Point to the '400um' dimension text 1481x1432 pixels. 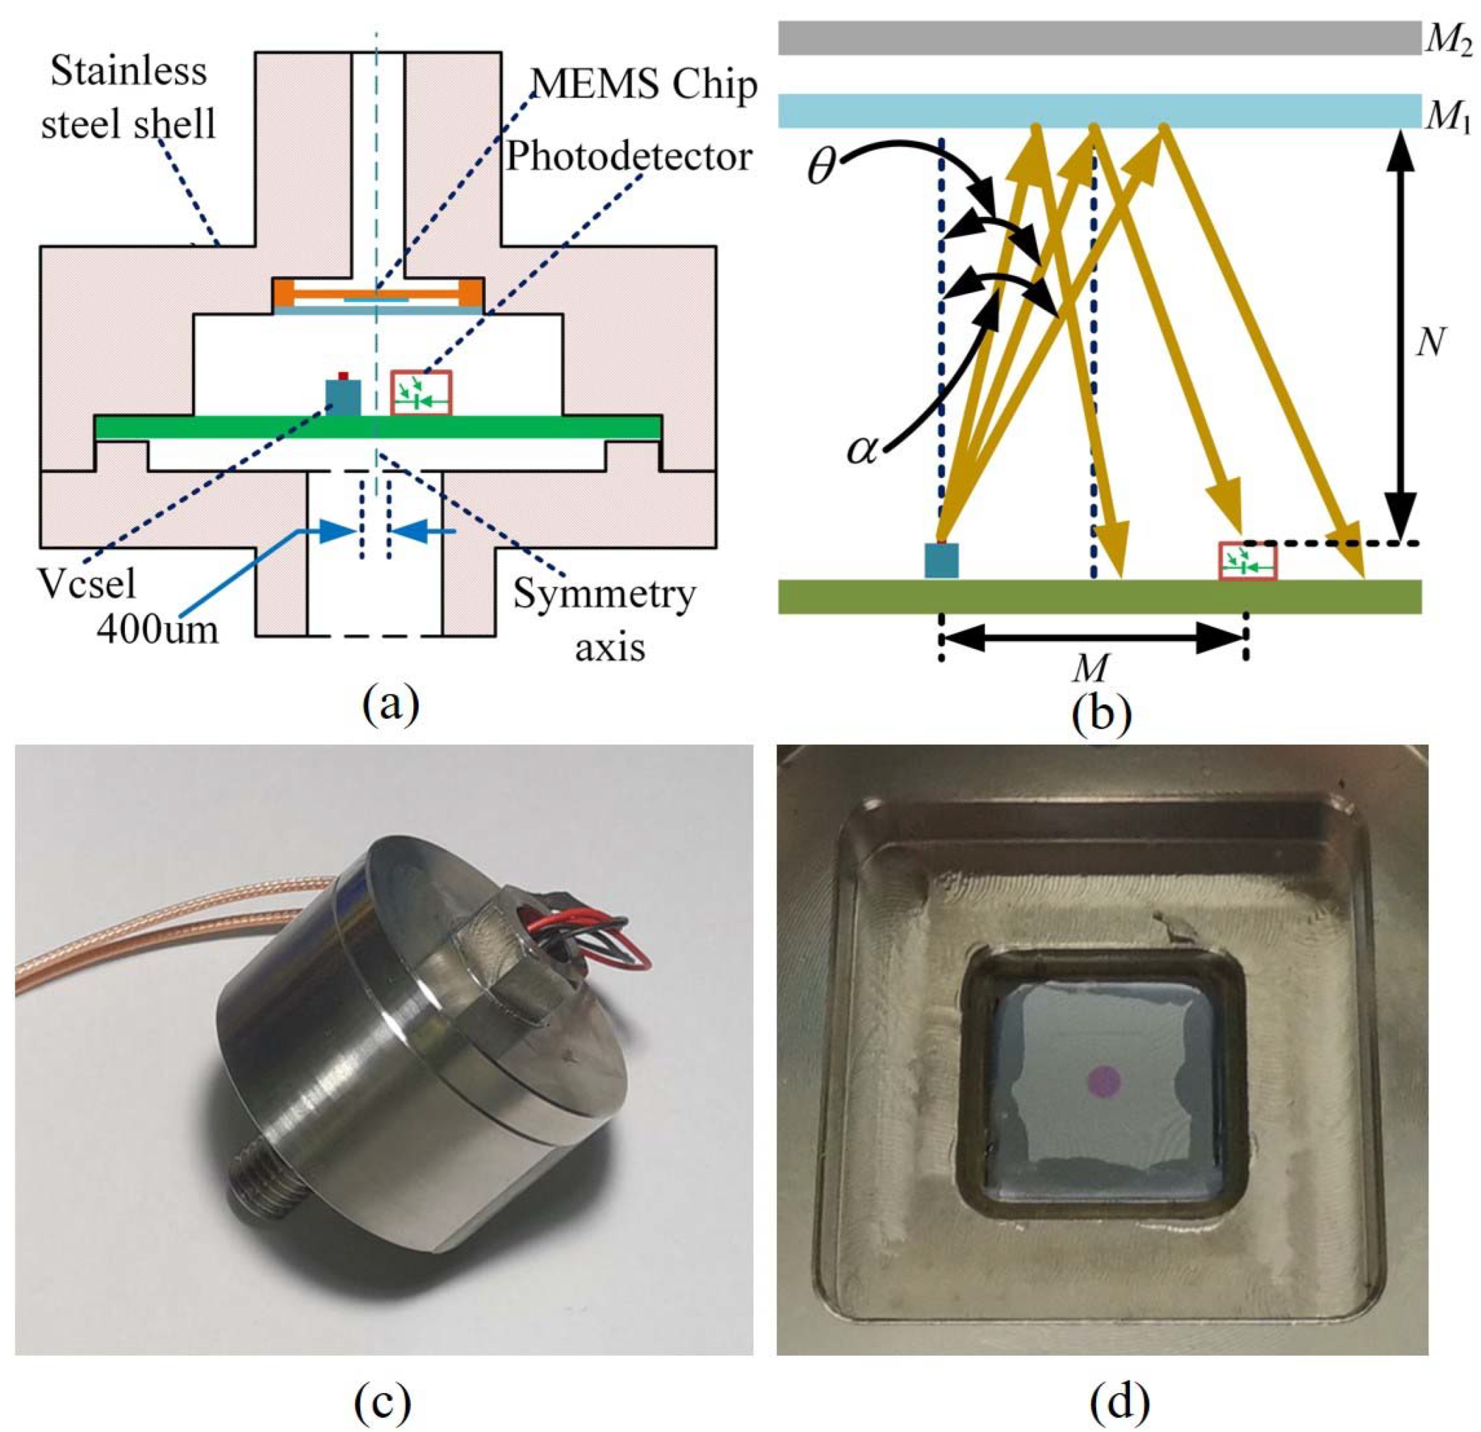pyautogui.click(x=158, y=627)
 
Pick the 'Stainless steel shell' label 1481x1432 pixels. pyautogui.click(x=129, y=99)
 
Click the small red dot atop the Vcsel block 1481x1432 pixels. pyautogui.click(x=343, y=375)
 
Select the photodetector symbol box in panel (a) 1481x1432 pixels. pyautogui.click(x=420, y=393)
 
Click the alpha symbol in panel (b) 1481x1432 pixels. pyautogui.click(x=864, y=451)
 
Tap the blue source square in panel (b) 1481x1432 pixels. pyautogui.click(x=942, y=560)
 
